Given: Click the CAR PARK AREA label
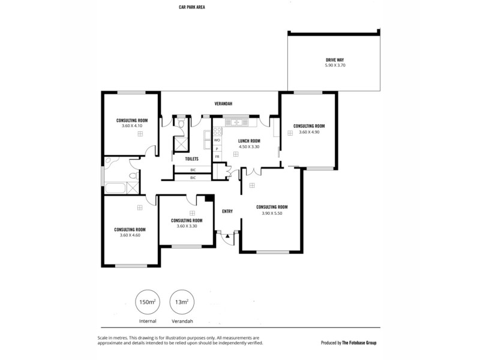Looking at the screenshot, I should (192, 8).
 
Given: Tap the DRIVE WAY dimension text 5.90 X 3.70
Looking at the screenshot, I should (335, 65).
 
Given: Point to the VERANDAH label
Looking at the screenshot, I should (223, 104).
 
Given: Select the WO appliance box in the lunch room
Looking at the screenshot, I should (217, 140).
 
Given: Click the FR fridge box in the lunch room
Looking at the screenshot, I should (217, 156).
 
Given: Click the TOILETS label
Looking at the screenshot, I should (191, 159).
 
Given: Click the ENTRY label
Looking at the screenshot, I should (227, 211).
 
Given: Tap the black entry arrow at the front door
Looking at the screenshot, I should (227, 238).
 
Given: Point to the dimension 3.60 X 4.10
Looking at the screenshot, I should (132, 125).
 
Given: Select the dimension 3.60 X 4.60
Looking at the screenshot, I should (130, 235).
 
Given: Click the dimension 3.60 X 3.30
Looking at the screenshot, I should (187, 226).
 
